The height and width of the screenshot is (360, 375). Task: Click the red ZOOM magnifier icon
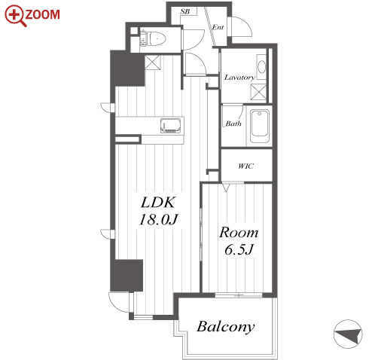(15, 16)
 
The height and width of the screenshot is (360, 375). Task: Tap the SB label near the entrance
(185, 11)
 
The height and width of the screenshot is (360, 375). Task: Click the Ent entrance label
(218, 27)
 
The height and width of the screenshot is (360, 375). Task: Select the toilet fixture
(154, 39)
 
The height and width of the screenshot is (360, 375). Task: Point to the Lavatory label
(239, 78)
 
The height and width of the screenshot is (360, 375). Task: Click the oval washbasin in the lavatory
(261, 67)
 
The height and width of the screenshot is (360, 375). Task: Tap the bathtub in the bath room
(259, 124)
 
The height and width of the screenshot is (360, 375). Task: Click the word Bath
(233, 124)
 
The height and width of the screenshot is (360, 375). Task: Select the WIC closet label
(245, 166)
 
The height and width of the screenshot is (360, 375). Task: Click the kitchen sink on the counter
(171, 125)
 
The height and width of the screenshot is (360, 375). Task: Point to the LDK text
(157, 203)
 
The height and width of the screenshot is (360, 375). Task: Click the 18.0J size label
(158, 220)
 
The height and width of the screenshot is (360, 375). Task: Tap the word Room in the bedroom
(239, 233)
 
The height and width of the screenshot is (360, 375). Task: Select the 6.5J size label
(239, 249)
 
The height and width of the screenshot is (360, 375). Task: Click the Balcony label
(225, 327)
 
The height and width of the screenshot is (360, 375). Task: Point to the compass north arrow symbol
(348, 334)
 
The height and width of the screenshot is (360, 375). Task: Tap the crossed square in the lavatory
(258, 92)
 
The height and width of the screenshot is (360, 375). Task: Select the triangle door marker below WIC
(226, 188)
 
